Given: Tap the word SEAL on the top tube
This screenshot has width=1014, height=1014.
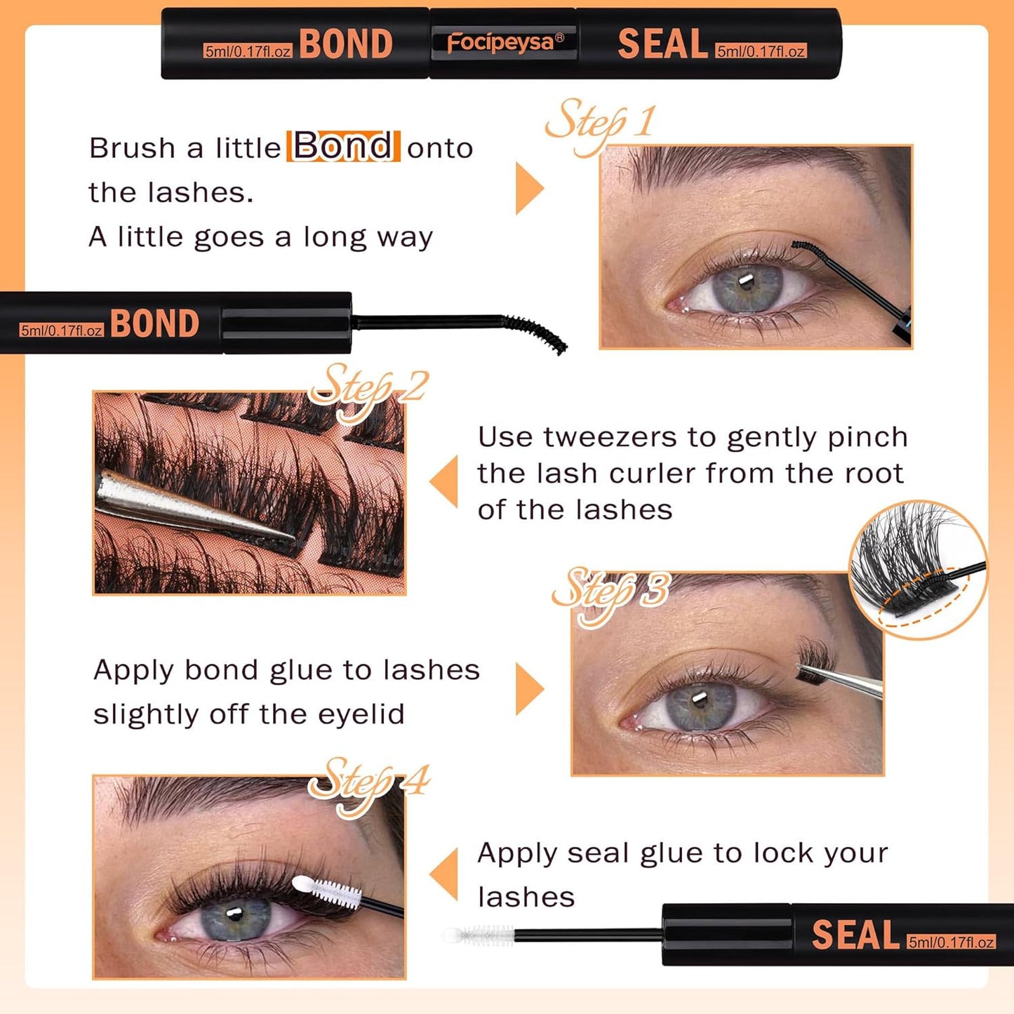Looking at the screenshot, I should coord(662,44).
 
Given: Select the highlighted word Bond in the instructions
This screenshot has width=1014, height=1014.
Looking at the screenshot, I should coord(343,146).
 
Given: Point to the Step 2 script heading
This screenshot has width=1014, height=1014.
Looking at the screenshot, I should coord(368,388).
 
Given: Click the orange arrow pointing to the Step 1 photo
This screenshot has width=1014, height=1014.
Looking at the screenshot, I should coord(528,188).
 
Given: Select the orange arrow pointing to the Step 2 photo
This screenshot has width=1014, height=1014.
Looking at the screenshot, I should coord(445,481).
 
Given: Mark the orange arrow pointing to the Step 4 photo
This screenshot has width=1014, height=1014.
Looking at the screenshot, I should coord(445,874).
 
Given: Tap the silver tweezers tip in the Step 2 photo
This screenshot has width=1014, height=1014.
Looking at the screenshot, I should coord(281,533).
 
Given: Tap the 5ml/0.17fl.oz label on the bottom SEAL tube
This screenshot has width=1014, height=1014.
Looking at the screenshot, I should coord(951,942).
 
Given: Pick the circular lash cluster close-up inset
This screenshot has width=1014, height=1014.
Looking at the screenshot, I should coord(917,569).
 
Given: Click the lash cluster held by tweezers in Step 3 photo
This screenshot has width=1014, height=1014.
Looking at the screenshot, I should coord(816,660).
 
